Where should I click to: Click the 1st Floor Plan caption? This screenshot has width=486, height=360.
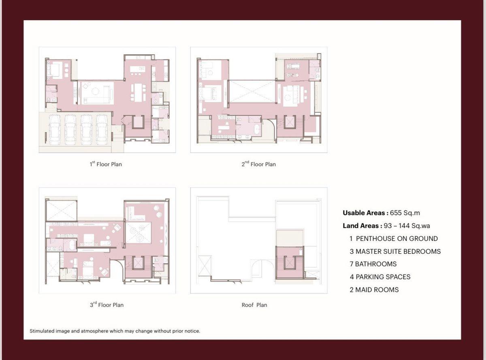point(106,164)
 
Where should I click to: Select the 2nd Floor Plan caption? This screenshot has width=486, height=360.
point(258,164)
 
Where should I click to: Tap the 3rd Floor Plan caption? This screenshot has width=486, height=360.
point(107,304)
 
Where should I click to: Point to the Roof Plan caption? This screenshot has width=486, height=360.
point(254,305)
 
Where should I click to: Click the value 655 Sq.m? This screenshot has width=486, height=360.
point(405,212)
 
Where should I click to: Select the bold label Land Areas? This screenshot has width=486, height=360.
point(361,225)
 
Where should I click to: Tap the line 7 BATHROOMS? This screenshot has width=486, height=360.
point(373,264)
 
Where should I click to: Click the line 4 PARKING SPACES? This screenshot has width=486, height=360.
point(380,277)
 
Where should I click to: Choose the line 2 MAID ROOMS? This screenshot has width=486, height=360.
point(374,289)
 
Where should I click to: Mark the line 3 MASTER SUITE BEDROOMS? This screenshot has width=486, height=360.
point(395,251)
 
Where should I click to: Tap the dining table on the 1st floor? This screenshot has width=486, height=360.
point(138,92)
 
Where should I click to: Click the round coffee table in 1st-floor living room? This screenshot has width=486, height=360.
point(95,91)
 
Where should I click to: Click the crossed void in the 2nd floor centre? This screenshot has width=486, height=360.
point(252,92)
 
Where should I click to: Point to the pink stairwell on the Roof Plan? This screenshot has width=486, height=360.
point(289,262)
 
